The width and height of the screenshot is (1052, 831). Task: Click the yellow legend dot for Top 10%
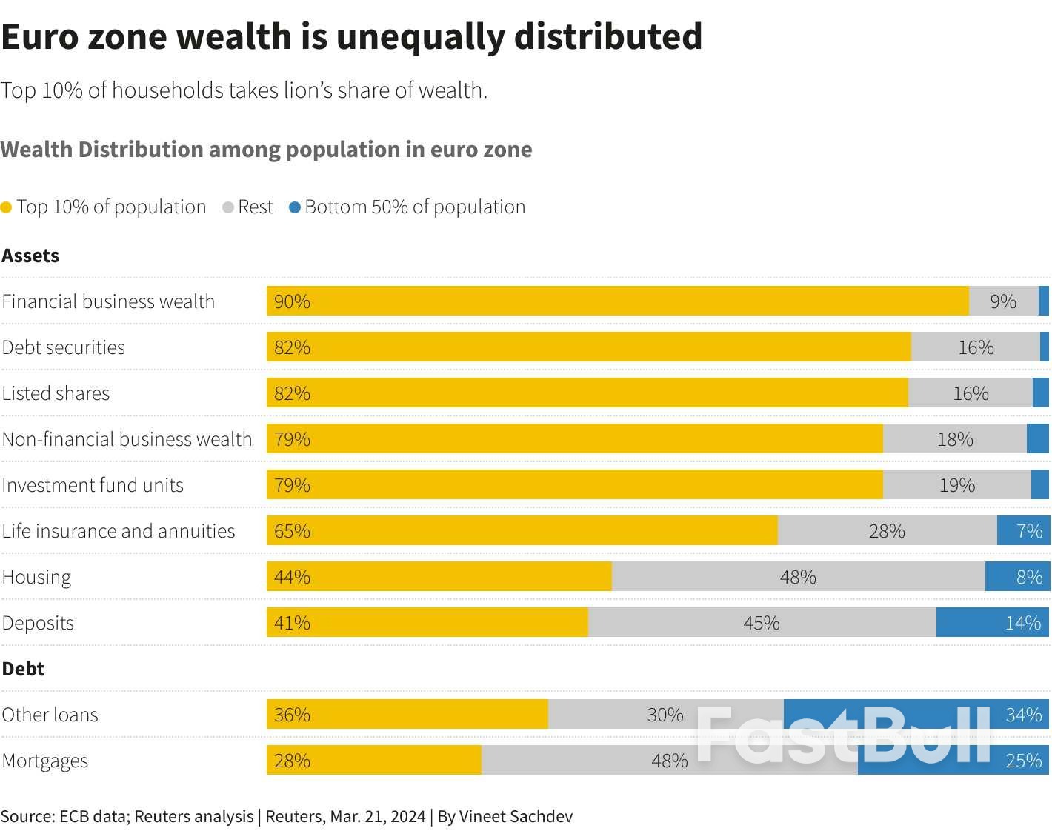tap(7, 208)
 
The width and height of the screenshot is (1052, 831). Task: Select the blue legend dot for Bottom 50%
tap(295, 208)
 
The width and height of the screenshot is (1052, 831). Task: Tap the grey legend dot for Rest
tap(228, 208)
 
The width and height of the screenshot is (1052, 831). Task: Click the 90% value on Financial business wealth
tap(292, 301)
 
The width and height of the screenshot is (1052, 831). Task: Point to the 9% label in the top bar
tap(1003, 301)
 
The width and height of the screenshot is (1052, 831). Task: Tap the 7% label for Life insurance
tap(1029, 531)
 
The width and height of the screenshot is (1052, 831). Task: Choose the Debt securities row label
tap(64, 347)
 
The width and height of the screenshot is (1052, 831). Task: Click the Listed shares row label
tap(56, 393)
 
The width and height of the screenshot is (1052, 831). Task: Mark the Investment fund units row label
tap(93, 485)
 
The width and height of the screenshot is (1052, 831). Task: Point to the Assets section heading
tap(30, 256)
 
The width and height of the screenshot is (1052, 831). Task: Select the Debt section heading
tap(23, 669)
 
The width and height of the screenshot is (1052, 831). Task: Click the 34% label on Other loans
tap(1023, 715)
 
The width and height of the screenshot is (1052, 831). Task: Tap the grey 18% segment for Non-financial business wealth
tap(954, 439)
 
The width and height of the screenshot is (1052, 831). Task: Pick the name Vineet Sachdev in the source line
tap(516, 816)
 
